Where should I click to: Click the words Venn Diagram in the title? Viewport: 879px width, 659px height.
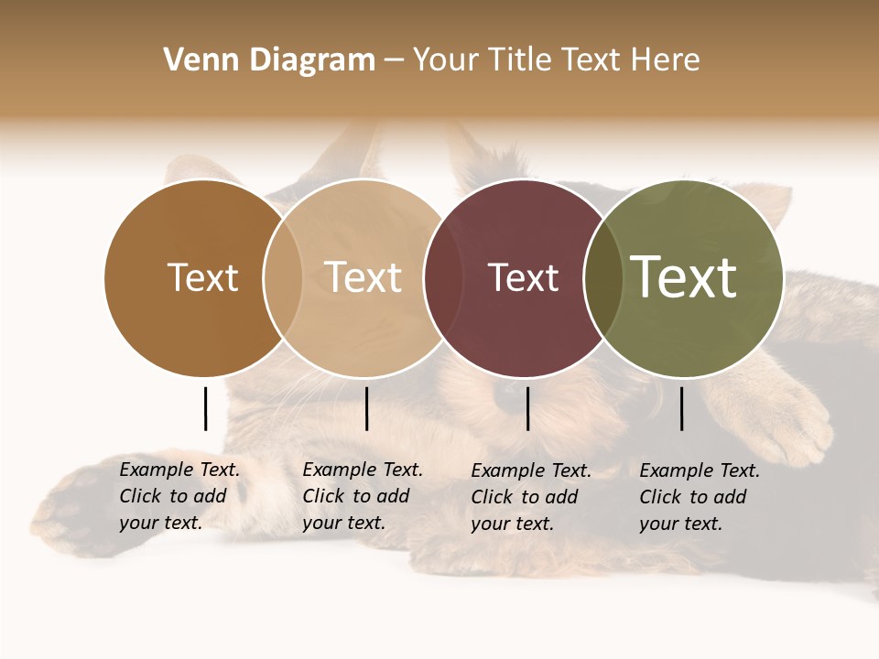269,60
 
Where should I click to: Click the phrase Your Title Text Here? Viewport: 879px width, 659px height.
556,60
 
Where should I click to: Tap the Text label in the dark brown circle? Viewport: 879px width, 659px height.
202,277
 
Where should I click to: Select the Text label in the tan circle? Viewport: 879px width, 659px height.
364,277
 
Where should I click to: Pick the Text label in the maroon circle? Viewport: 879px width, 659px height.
523,277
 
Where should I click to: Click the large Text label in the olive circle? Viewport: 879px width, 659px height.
684,276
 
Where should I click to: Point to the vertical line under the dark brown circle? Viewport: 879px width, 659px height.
205,408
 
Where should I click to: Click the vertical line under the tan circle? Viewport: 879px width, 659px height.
366,408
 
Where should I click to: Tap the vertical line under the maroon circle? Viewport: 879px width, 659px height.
527,408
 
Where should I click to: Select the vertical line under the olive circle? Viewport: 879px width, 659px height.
682,408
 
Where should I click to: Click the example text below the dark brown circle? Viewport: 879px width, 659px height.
179,496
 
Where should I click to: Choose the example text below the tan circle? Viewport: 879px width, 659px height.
362,496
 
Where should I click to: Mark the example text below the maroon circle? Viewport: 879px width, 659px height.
530,497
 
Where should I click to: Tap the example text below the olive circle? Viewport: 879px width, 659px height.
699,497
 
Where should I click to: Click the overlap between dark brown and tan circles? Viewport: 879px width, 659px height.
283,277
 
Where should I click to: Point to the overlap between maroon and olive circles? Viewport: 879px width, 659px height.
603,277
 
